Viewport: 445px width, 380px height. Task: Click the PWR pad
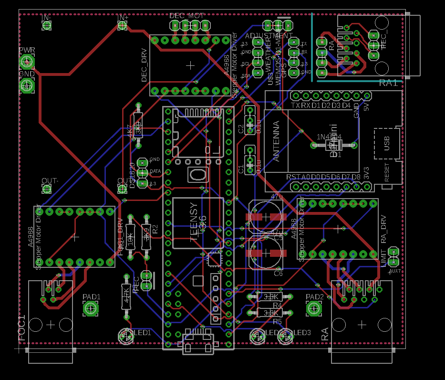(27, 62)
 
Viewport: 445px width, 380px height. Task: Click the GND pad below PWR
(27, 86)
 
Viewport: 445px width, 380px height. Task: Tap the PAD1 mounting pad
(91, 309)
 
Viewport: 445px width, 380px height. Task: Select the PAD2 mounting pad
(314, 309)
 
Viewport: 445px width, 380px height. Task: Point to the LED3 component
(286, 337)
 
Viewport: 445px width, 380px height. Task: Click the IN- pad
(46, 26)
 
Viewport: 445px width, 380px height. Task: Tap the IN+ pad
(123, 26)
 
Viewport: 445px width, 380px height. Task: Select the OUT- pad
(47, 189)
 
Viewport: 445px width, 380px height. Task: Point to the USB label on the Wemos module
(386, 142)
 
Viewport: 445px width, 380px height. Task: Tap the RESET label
(386, 172)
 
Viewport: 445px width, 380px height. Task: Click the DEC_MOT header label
(187, 15)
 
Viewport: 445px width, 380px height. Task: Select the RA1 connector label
(388, 83)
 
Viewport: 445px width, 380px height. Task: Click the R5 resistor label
(277, 321)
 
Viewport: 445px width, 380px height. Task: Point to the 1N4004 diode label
(330, 137)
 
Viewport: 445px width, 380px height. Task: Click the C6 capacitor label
(278, 274)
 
